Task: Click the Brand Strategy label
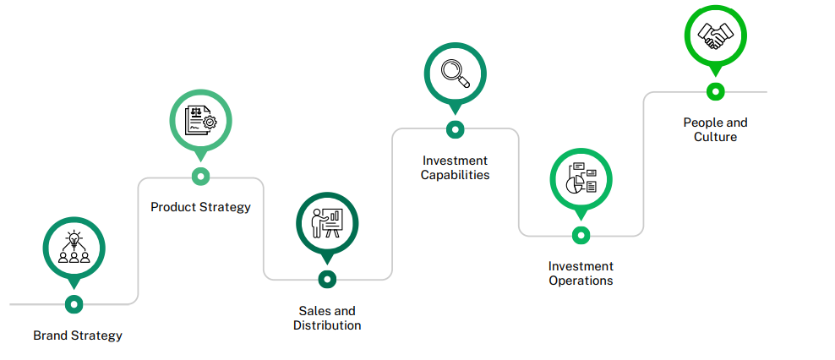tap(78, 335)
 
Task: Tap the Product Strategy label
tap(200, 207)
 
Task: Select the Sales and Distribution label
tap(327, 318)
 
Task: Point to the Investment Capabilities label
tap(455, 167)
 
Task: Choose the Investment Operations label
tap(581, 273)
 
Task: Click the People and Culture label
tap(715, 129)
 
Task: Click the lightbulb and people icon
tap(74, 248)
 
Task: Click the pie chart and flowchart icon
tap(581, 178)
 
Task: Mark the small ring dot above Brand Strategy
tap(74, 303)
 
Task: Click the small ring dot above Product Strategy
tap(200, 176)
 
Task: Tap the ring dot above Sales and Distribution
tap(327, 279)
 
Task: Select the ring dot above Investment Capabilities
tap(455, 129)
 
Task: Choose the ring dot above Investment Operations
tap(581, 235)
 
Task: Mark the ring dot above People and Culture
tap(715, 91)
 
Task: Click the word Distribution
tap(327, 325)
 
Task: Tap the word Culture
tap(715, 137)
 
